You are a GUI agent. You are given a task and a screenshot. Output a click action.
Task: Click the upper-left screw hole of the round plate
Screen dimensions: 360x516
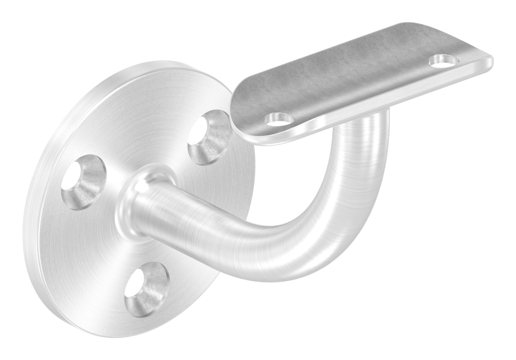coord(83,181)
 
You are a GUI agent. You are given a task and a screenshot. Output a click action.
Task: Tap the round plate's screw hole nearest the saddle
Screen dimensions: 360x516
coord(209,137)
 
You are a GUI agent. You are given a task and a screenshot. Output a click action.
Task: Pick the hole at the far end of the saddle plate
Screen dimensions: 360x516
coord(443,60)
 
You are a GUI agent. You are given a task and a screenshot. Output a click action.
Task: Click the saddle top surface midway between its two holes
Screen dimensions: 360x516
coord(360,87)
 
